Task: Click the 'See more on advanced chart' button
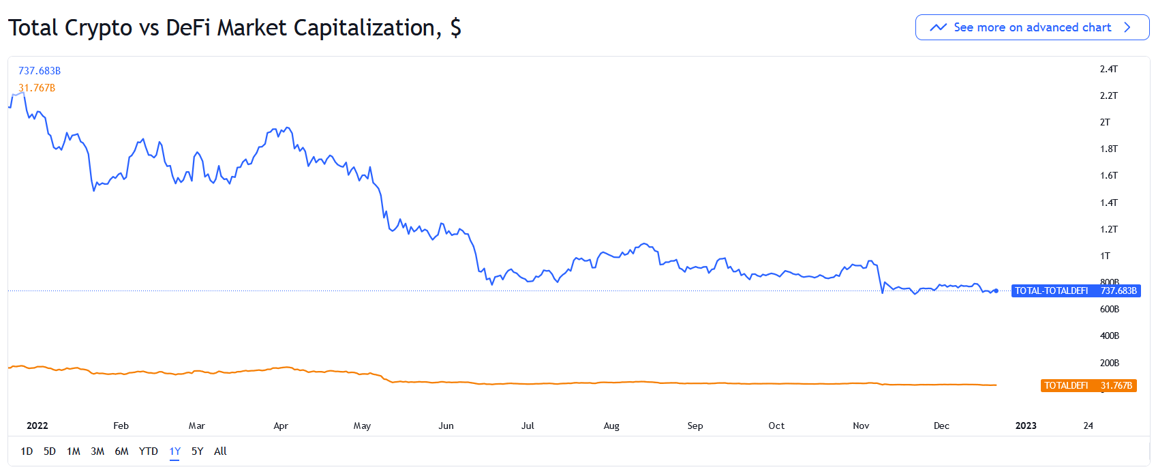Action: pos(1032,27)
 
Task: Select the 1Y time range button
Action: pos(175,451)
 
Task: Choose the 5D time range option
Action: pos(50,451)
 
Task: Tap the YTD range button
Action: pos(148,451)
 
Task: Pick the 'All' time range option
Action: pos(220,451)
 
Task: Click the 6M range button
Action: pos(121,451)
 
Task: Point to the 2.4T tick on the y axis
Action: pos(1108,69)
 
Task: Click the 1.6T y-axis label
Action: pos(1108,175)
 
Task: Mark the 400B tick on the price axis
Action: pos(1109,336)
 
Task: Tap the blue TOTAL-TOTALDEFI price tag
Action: pos(1076,291)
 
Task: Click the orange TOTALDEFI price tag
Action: pos(1089,385)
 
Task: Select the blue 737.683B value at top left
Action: pos(40,71)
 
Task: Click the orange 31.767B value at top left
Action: pos(37,88)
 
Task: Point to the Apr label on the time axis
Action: pos(281,426)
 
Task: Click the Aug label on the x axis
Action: pos(611,426)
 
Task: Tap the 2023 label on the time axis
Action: pos(1026,426)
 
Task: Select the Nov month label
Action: pos(861,426)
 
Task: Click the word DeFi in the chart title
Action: pos(188,28)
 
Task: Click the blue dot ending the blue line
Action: pos(997,291)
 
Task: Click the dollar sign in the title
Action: pos(455,28)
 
